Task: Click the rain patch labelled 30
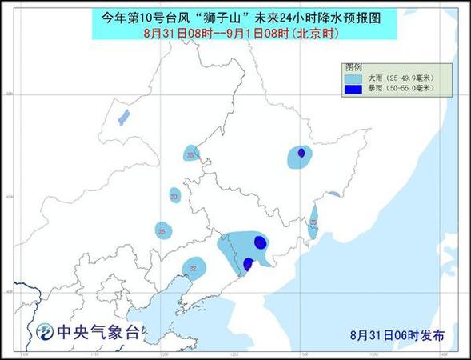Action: (x=174, y=195)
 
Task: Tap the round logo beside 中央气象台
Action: (x=42, y=330)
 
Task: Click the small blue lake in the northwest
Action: (x=123, y=118)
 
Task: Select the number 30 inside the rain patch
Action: (x=174, y=195)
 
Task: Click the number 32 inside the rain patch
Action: (x=193, y=270)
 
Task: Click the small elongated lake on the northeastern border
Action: (x=333, y=194)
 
